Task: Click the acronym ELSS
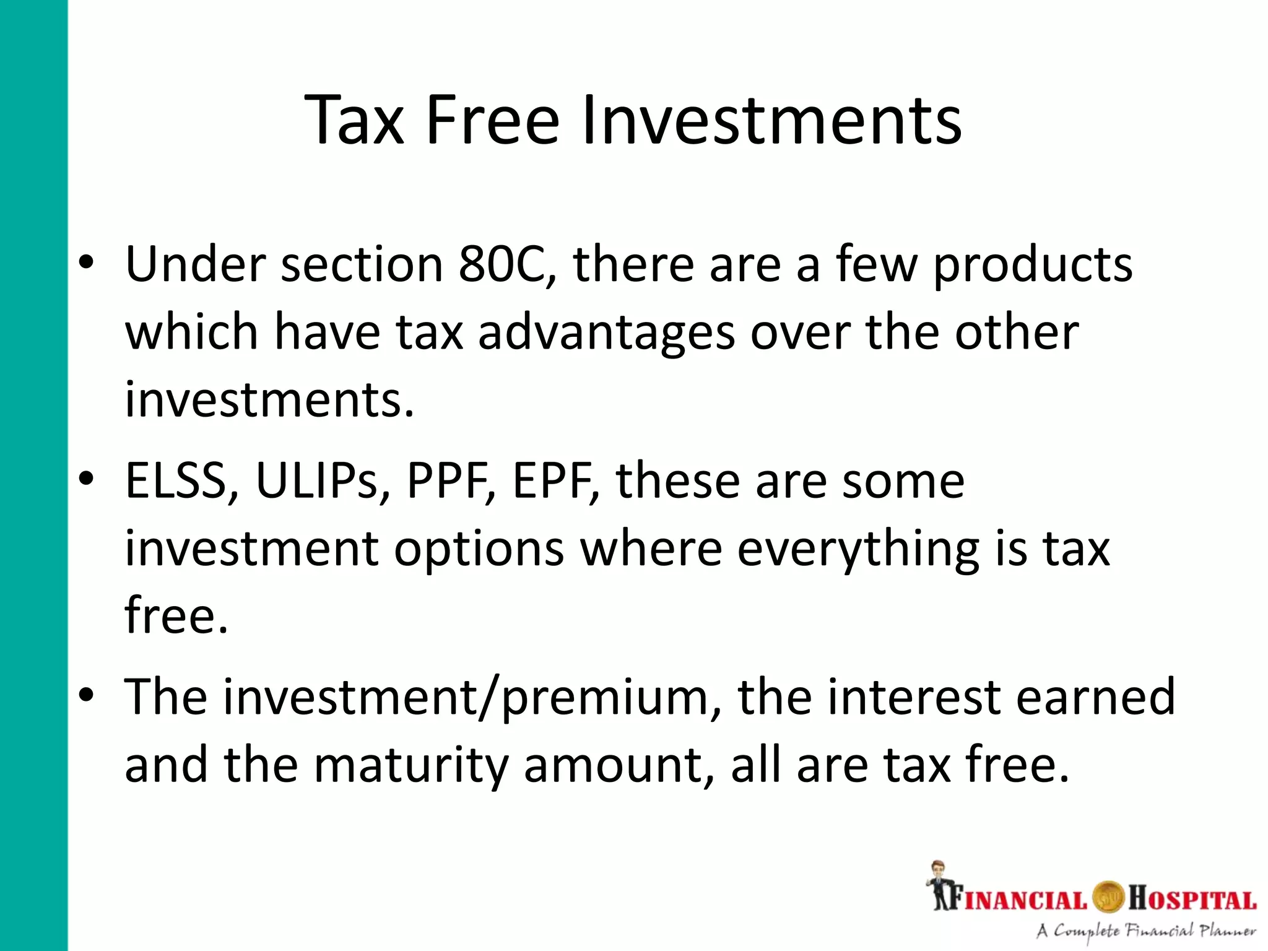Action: click(175, 481)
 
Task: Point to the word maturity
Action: click(411, 766)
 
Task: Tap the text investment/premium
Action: click(417, 698)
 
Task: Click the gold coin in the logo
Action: click(1107, 898)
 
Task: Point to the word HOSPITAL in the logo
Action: click(1191, 900)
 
